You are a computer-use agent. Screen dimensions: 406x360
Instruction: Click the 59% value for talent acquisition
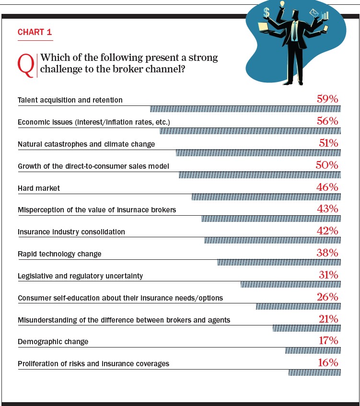327,99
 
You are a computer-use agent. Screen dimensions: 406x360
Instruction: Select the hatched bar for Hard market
266,197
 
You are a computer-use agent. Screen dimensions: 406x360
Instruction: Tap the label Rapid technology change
59,254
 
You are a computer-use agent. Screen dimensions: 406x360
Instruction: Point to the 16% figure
328,363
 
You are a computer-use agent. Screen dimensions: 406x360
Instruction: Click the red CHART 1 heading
35,33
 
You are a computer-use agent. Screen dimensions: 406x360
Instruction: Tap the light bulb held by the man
282,4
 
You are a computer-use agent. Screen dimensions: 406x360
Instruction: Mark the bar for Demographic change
313,351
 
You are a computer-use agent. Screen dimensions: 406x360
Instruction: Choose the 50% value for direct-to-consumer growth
327,165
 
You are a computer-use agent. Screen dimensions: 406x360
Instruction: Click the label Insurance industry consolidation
71,232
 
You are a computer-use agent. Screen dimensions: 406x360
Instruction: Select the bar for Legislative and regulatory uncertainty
290,285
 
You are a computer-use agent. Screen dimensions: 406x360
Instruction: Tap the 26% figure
328,297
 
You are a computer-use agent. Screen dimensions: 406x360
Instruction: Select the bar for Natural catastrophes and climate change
258,153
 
